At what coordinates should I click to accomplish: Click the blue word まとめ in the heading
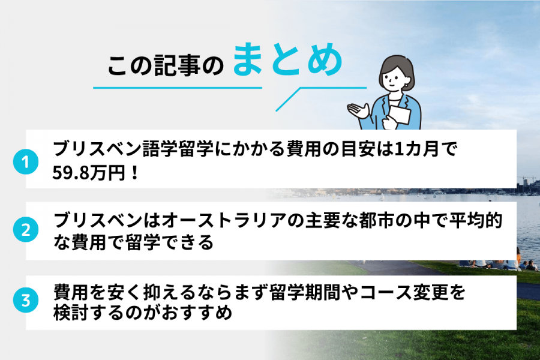click(x=287, y=61)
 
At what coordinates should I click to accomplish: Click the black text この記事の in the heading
click(x=165, y=66)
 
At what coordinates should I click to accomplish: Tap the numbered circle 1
click(x=25, y=162)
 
